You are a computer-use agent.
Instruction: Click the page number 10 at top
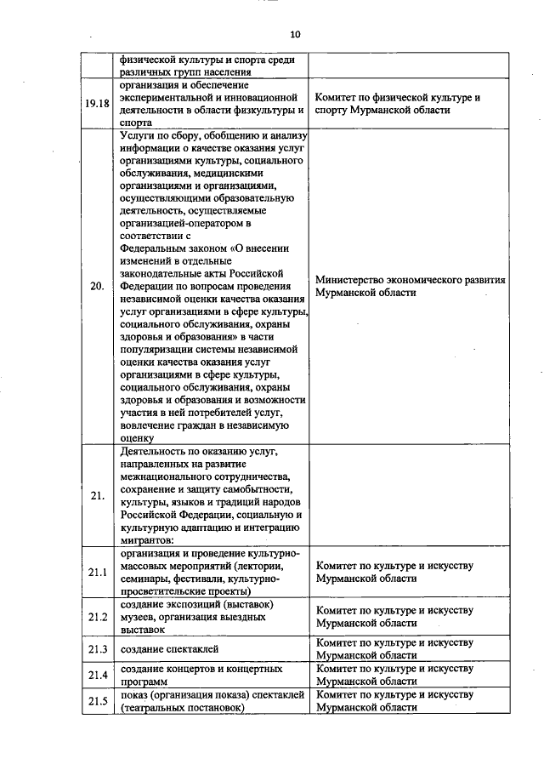point(295,35)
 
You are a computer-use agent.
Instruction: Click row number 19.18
point(99,104)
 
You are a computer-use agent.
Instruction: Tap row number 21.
point(98,494)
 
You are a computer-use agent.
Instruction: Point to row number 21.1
point(99,571)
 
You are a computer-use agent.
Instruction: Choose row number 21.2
point(99,617)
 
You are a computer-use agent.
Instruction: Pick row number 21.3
point(99,650)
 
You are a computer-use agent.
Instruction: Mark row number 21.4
point(99,676)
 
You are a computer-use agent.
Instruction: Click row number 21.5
point(99,701)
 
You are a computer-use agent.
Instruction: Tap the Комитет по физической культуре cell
point(397,104)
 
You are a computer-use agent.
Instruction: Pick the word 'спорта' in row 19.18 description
point(136,123)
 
